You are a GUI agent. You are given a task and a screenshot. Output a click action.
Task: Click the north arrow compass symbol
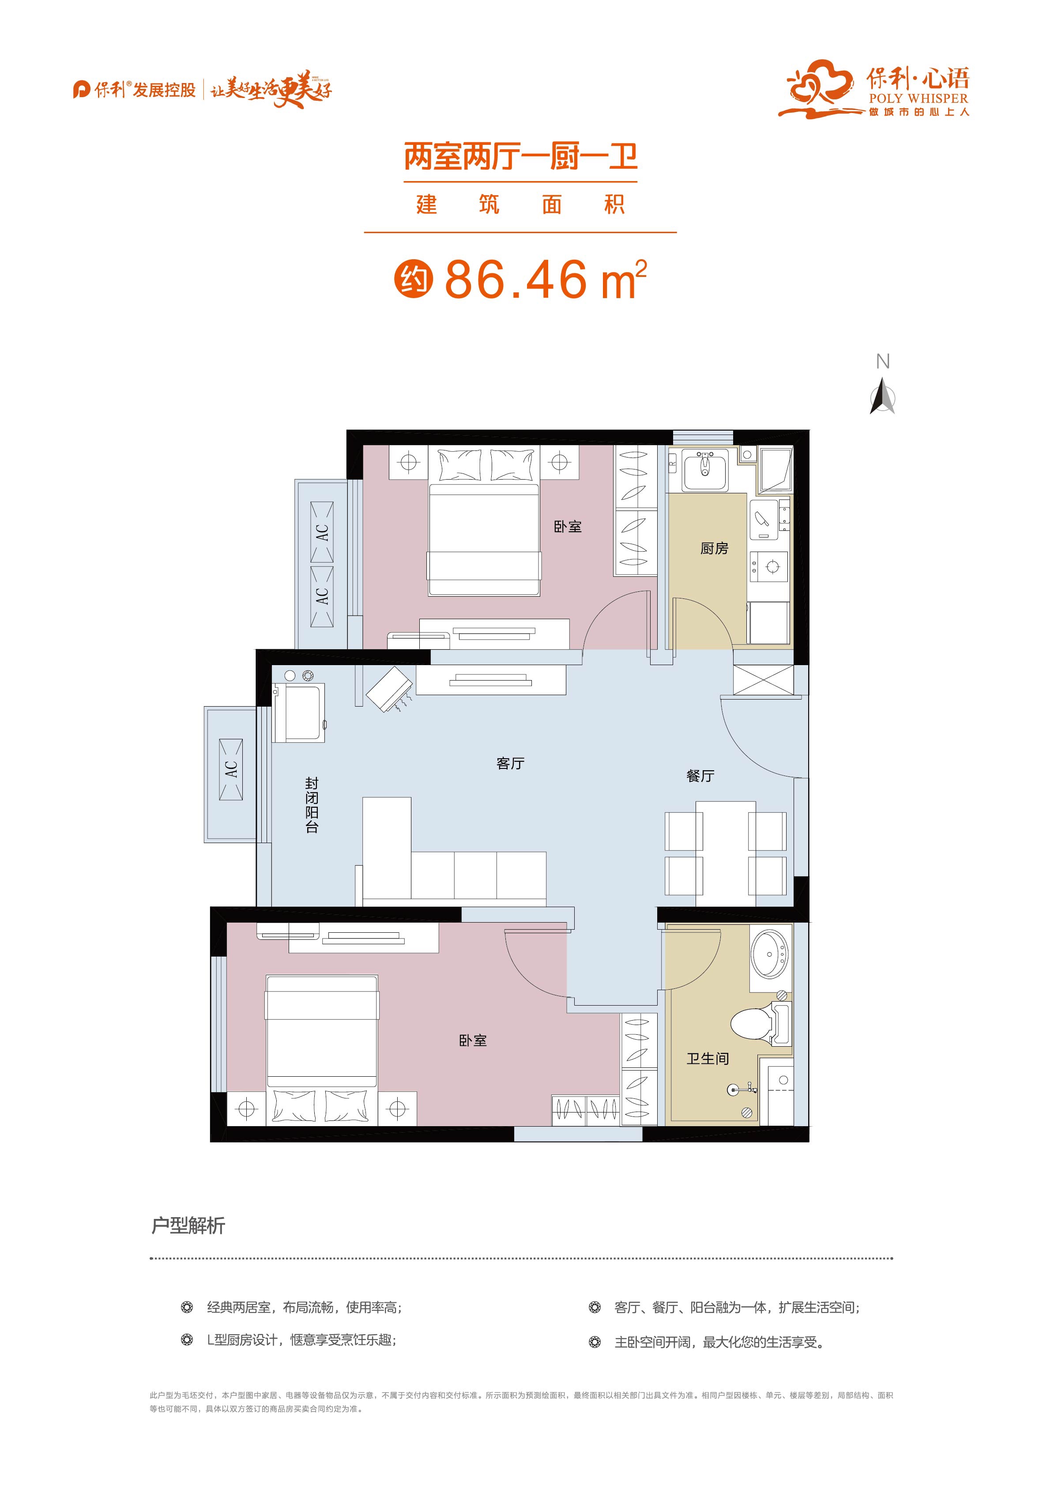click(x=882, y=397)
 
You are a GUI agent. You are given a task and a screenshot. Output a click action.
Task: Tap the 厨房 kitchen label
click(x=714, y=549)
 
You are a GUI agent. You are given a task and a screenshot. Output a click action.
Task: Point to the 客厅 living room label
click(x=510, y=764)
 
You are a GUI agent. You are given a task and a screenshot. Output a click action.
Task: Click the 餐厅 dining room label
click(x=700, y=776)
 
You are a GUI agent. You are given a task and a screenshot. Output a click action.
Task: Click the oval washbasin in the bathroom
click(x=770, y=953)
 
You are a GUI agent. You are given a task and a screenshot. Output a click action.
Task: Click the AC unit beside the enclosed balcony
click(x=231, y=769)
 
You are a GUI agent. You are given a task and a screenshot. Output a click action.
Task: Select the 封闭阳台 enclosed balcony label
click(x=312, y=805)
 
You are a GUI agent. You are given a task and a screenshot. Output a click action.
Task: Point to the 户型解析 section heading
click(x=188, y=1226)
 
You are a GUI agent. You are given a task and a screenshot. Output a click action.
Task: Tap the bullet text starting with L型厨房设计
click(x=301, y=1340)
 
